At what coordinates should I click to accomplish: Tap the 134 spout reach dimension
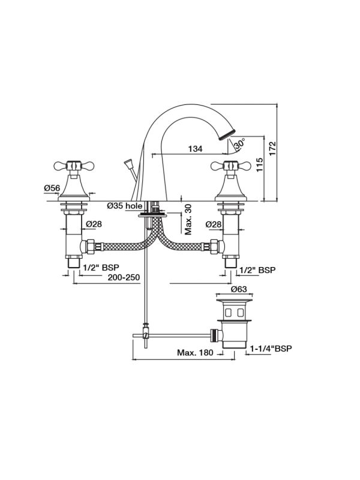[195, 149]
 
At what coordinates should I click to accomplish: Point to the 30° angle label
[240, 144]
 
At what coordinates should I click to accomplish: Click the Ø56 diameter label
[52, 188]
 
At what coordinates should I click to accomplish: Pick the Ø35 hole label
[124, 206]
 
